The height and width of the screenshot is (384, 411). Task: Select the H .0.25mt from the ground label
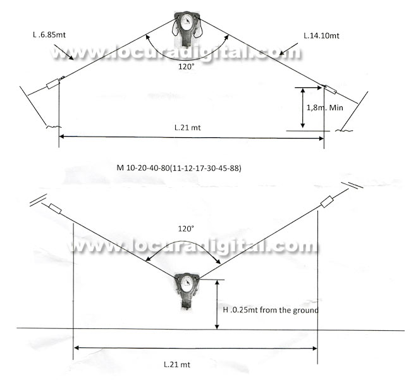(271, 310)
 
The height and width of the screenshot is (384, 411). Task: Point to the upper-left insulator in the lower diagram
(54, 209)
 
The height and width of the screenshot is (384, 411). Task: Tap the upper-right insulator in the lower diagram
(328, 202)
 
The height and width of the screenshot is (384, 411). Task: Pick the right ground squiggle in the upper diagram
(344, 131)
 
